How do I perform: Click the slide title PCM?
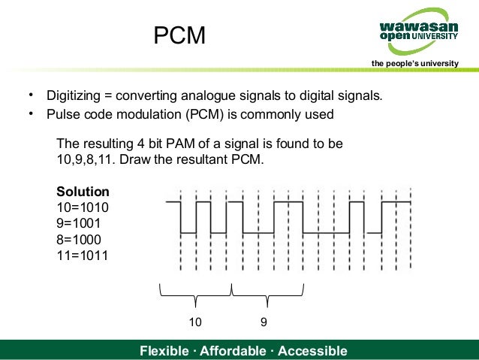point(179,35)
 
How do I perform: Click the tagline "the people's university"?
point(414,63)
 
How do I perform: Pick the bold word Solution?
point(83,191)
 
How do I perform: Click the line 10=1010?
point(83,207)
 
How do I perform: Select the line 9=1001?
point(79,222)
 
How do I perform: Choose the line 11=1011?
point(83,255)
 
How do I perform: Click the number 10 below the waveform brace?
point(194,322)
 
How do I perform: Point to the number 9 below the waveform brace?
point(264,322)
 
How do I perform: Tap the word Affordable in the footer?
point(233,351)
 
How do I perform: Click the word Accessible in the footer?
point(312,351)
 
